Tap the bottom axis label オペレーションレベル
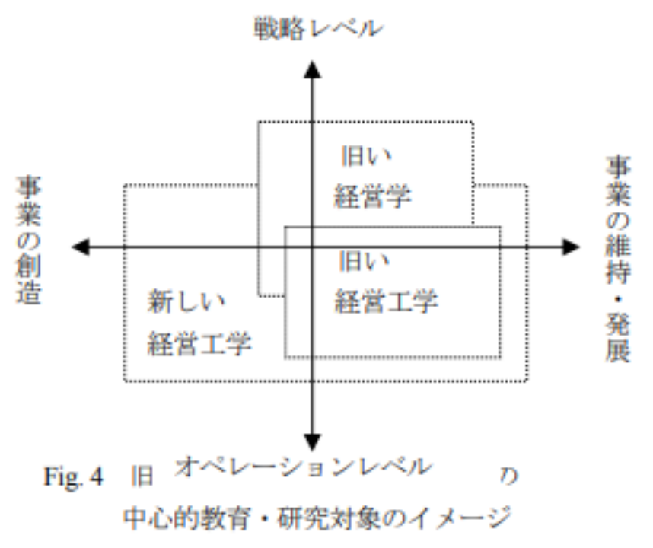coord(303,466)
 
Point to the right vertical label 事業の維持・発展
coord(619,259)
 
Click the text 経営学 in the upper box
coord(372,197)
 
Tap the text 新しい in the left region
coord(186,302)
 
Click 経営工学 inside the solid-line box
coord(386,302)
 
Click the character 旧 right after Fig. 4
coord(143,477)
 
